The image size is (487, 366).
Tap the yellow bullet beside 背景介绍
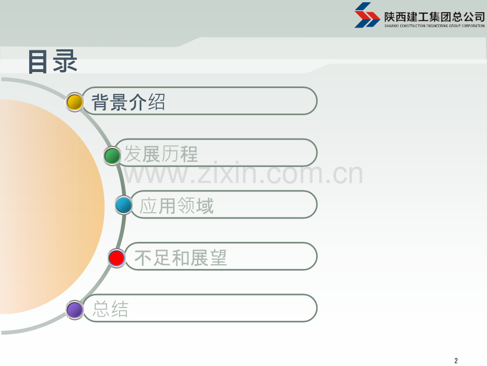pos(75,102)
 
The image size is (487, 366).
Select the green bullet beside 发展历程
pos(112,155)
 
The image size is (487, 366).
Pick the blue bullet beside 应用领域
pos(124,205)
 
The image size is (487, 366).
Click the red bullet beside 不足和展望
pos(116,258)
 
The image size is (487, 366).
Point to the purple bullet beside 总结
pos(75,309)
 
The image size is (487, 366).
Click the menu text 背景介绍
pos(129,102)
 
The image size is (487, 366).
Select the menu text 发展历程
pos(161,154)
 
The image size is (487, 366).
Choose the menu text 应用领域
pos(177,206)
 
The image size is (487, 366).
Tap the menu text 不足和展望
pos(181,258)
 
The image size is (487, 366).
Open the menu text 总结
pos(111,309)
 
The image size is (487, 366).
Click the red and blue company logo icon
pos(367,14)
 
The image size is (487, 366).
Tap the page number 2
pos(456,361)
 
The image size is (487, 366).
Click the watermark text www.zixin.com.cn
pos(243,173)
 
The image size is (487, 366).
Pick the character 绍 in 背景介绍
pos(157,102)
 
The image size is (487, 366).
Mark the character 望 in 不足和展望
pos(218,258)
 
